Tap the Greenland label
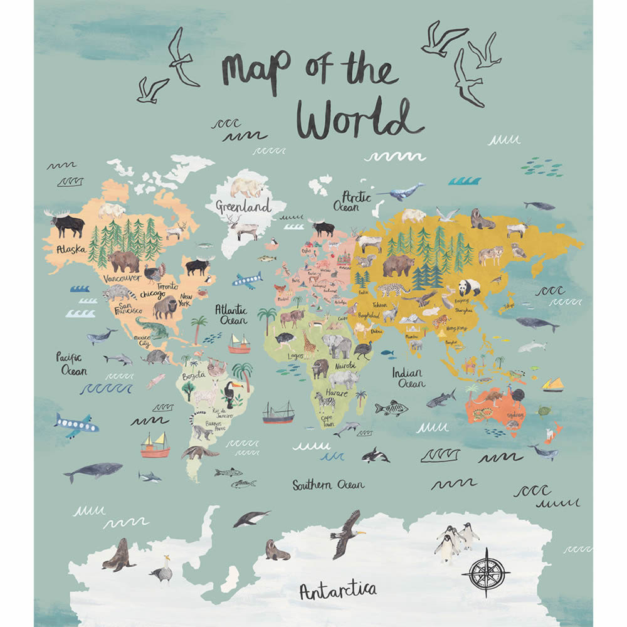(x=243, y=206)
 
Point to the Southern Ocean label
(x=328, y=485)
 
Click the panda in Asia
(x=469, y=287)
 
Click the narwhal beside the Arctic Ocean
(x=401, y=192)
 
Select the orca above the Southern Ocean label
(x=375, y=455)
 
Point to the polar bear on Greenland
(x=246, y=187)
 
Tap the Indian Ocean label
(x=408, y=377)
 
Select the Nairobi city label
(x=344, y=366)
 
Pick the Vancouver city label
(x=122, y=278)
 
